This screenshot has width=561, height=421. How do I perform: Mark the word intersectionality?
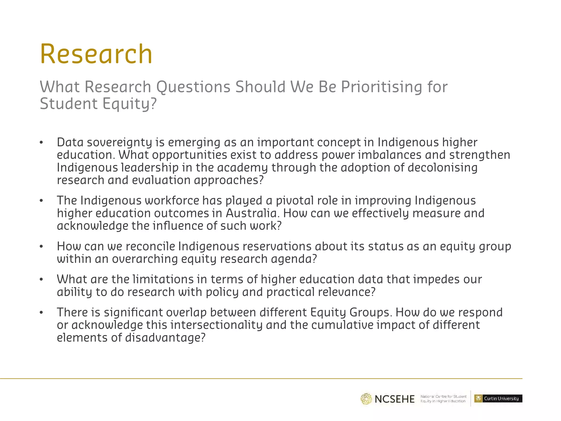(x=216, y=325)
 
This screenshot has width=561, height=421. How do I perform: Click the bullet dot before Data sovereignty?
(x=41, y=143)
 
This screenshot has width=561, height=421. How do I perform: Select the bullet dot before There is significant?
(x=41, y=312)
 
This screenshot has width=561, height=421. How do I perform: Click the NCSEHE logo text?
(x=394, y=399)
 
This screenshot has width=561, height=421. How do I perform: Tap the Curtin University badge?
(x=498, y=399)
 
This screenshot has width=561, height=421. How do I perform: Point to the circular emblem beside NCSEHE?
(x=366, y=399)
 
